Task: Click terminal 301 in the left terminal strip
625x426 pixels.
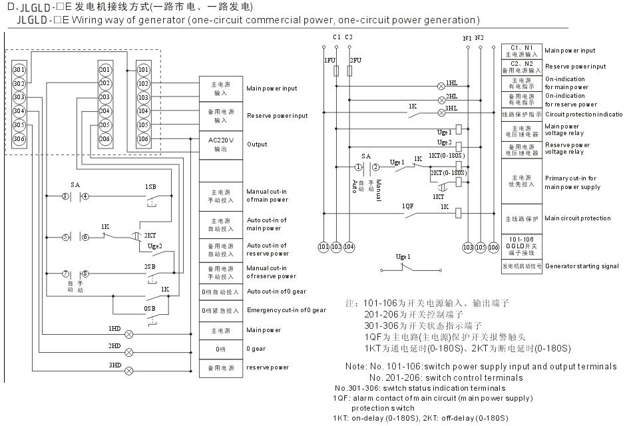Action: click(19, 70)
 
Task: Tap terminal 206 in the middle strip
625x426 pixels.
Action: click(104, 138)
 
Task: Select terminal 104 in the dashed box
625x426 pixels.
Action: click(143, 111)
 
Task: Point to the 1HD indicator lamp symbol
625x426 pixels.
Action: click(129, 333)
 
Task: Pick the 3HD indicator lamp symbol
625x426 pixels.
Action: click(129, 370)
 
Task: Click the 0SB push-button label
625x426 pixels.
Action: click(150, 309)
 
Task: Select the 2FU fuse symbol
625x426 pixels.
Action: click(349, 69)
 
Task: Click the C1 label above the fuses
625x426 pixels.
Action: click(337, 37)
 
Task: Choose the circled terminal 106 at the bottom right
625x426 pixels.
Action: click(493, 247)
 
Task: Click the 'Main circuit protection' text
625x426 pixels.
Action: click(577, 218)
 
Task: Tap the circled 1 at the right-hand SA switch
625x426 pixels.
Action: click(358, 167)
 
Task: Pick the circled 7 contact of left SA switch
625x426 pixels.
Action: click(65, 274)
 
